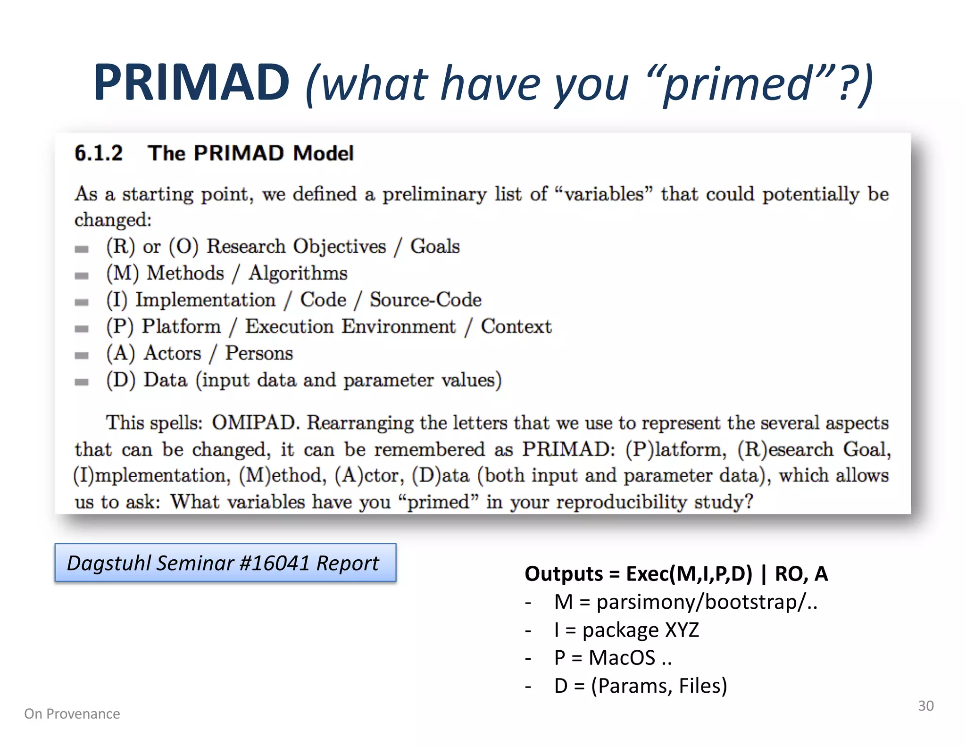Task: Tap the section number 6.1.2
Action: click(99, 153)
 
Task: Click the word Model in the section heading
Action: click(323, 153)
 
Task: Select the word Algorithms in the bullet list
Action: click(298, 273)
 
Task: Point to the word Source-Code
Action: click(425, 300)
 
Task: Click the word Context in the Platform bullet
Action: click(516, 326)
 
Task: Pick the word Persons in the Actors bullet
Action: click(259, 353)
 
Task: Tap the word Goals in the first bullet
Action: click(435, 246)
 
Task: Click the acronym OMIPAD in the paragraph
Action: click(255, 423)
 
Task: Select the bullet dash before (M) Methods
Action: click(82, 275)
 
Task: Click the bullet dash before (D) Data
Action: click(82, 382)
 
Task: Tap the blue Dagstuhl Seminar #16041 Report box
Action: click(225, 563)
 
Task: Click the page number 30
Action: click(925, 706)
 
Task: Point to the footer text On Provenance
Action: click(72, 714)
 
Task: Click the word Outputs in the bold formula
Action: click(564, 574)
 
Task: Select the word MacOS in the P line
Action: click(622, 658)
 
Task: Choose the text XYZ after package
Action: click(682, 630)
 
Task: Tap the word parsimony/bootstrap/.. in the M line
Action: click(707, 602)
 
